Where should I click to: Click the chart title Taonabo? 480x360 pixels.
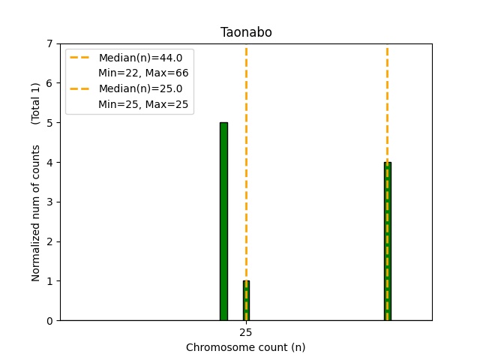[x=245, y=32]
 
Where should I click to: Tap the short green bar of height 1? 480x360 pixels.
[x=246, y=301]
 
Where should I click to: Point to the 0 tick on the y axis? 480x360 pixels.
[x=50, y=321]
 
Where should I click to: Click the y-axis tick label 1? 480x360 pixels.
[x=50, y=281]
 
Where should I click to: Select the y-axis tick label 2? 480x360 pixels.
[x=50, y=241]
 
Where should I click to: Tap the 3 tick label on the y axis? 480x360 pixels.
[x=50, y=202]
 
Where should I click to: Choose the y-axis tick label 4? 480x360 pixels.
[x=50, y=163]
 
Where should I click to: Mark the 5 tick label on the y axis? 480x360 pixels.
[x=50, y=123]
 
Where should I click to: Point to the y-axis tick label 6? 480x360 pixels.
[x=50, y=83]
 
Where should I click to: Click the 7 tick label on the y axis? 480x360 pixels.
[x=50, y=43]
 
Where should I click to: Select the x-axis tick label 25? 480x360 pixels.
[x=246, y=332]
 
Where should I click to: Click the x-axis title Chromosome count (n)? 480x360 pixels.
[x=245, y=347]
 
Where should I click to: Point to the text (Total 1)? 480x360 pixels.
[x=36, y=103]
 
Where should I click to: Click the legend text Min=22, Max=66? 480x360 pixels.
[x=143, y=73]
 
